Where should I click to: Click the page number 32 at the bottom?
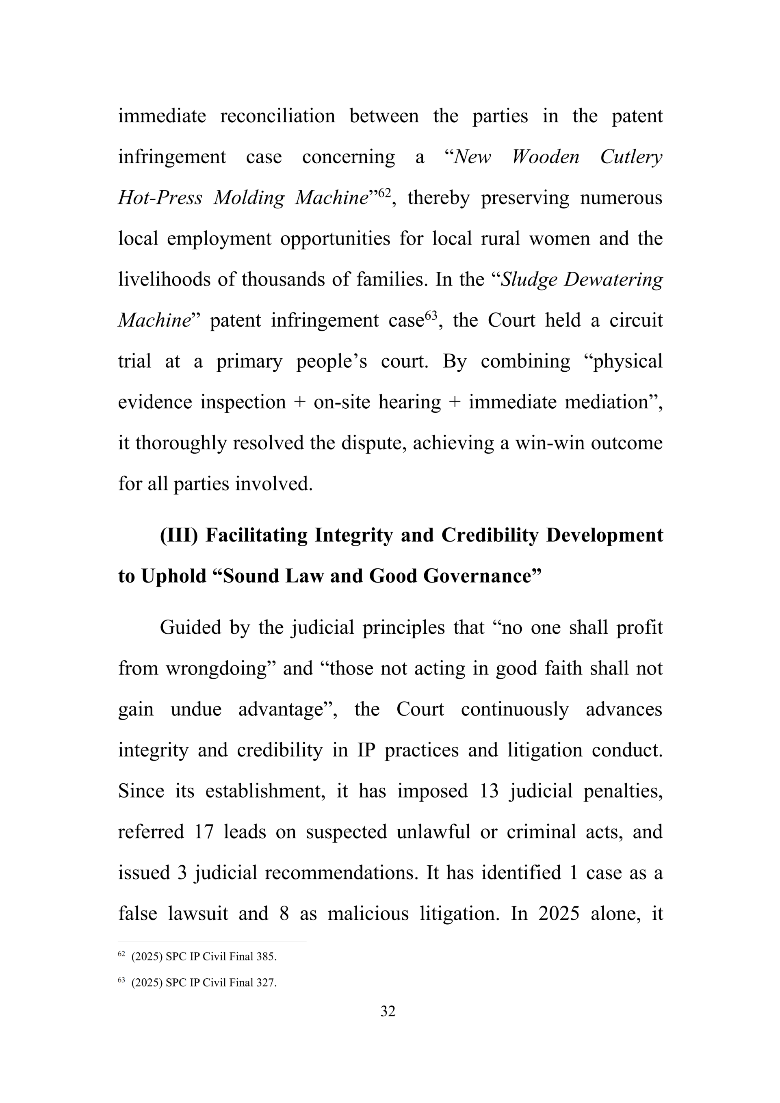coord(388,1011)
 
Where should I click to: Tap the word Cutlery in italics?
coord(631,157)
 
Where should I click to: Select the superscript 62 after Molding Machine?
coord(385,193)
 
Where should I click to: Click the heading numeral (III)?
coord(179,535)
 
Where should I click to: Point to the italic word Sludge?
coord(528,280)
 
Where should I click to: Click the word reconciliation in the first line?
coord(277,116)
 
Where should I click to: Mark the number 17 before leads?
coord(204,832)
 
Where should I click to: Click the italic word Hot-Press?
coord(160,198)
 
